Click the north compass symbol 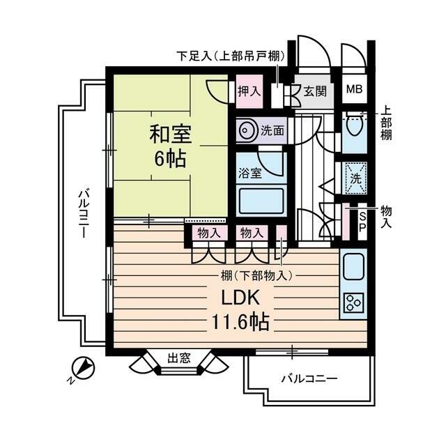click(x=83, y=368)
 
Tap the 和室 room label click(x=170, y=134)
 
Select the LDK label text click(x=240, y=298)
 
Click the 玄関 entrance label click(x=315, y=91)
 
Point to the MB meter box click(x=354, y=89)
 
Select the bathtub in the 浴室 click(x=261, y=201)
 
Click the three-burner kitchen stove click(x=354, y=302)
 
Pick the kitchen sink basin click(x=354, y=267)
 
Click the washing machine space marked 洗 click(x=355, y=178)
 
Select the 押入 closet click(x=249, y=91)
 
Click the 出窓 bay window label click(x=179, y=357)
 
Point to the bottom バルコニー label click(x=309, y=378)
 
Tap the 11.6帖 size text click(x=240, y=322)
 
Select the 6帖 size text click(x=170, y=159)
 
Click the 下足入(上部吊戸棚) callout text click(x=231, y=56)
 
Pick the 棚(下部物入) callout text click(x=257, y=275)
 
